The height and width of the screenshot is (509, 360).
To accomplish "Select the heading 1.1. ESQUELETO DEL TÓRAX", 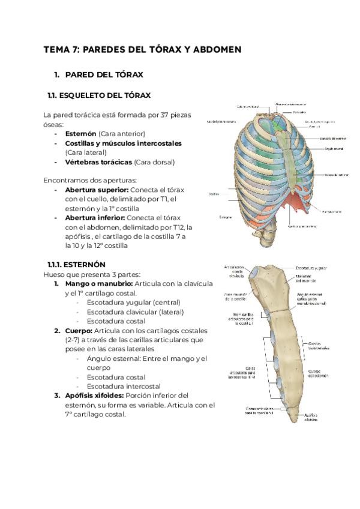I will coord(98,95).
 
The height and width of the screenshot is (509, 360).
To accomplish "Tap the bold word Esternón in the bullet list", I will coord(80,133).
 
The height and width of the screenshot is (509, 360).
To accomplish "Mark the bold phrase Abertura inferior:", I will coord(95,217).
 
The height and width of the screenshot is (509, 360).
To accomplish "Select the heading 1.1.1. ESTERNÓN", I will coord(76,264).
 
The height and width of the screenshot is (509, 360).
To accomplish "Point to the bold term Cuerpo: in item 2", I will coord(78,331).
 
